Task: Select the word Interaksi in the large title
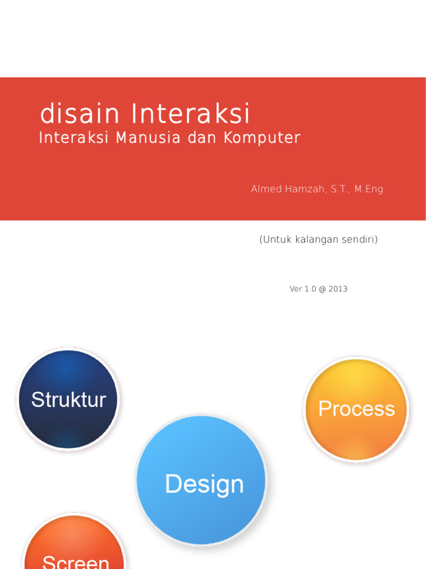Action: click(x=191, y=114)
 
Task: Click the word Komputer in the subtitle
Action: click(x=262, y=138)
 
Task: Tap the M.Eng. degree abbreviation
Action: click(x=370, y=189)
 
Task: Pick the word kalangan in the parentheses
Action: click(x=315, y=240)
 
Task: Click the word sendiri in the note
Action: click(x=359, y=240)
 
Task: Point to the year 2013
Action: click(x=338, y=289)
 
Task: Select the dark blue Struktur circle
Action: click(x=68, y=399)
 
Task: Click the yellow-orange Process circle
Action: click(x=356, y=409)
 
